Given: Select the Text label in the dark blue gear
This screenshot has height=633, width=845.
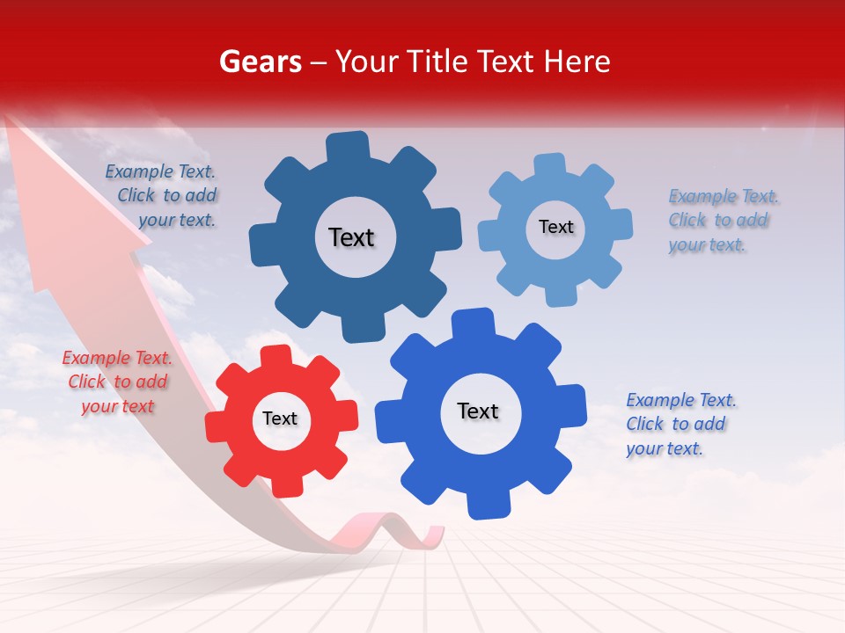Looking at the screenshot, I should (351, 237).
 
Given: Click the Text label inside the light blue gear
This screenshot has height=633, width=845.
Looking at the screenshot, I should (555, 227).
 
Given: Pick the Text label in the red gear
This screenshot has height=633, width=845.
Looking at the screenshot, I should (280, 418).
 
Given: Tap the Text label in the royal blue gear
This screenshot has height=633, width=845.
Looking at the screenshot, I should (478, 411).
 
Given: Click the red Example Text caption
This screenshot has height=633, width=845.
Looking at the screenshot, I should (117, 382).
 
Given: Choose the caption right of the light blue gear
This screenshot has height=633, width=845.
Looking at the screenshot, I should (722, 220).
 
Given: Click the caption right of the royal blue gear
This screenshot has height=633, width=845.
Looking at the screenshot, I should (680, 424).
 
